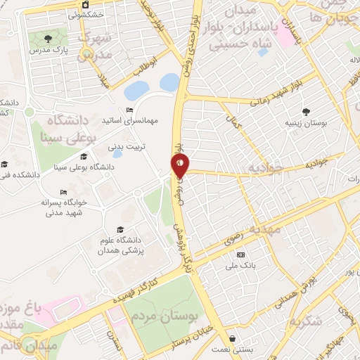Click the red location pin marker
179,166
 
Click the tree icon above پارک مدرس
48,39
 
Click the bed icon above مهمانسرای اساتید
129,110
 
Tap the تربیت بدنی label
124,147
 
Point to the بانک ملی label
241,266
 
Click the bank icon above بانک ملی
241,255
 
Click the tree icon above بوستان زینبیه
306,111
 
